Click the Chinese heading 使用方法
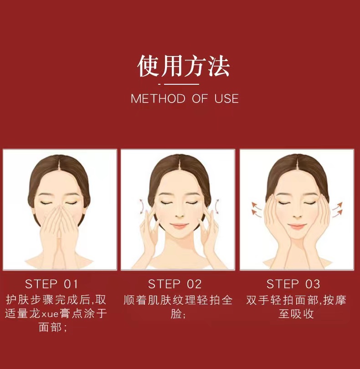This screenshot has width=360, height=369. click(x=184, y=66)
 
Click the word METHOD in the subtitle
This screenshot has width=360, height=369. click(x=158, y=98)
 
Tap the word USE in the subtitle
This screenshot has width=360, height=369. click(x=226, y=98)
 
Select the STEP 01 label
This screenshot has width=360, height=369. click(x=51, y=284)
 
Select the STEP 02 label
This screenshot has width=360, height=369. click(x=175, y=284)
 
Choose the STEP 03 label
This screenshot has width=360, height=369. click(x=293, y=284)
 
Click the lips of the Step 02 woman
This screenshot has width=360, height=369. click(x=180, y=226)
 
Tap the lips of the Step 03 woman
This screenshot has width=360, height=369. click(x=297, y=226)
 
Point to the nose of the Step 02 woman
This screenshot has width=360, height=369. click(x=180, y=215)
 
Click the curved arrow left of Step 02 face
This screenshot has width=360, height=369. click(x=142, y=207)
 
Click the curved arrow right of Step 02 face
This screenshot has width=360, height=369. click(x=216, y=206)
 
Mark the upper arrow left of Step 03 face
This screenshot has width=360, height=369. click(x=256, y=205)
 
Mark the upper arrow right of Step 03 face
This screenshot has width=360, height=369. click(x=337, y=205)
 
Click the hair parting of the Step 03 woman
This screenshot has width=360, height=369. click(x=297, y=161)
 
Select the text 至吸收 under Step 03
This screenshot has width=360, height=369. click(x=296, y=314)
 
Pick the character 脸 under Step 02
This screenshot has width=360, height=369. click(x=176, y=314)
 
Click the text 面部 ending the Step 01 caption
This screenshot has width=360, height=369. click(x=50, y=328)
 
